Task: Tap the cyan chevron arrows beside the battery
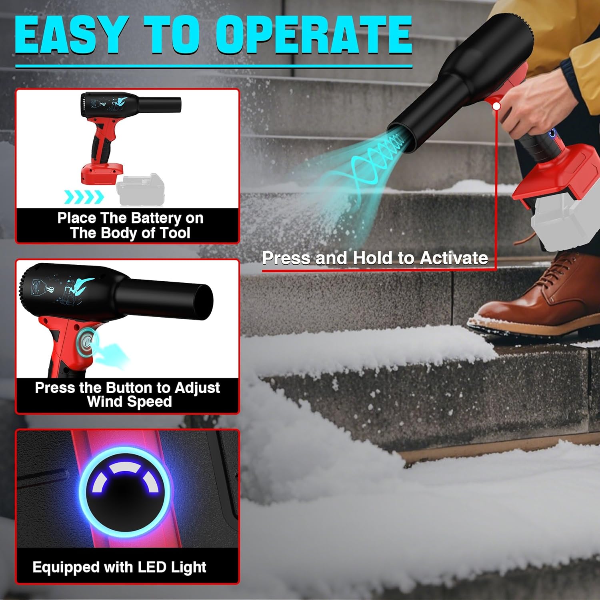click(84, 197)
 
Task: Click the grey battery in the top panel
click(140, 190)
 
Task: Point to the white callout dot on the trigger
click(496, 106)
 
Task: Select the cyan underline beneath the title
click(214, 66)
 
